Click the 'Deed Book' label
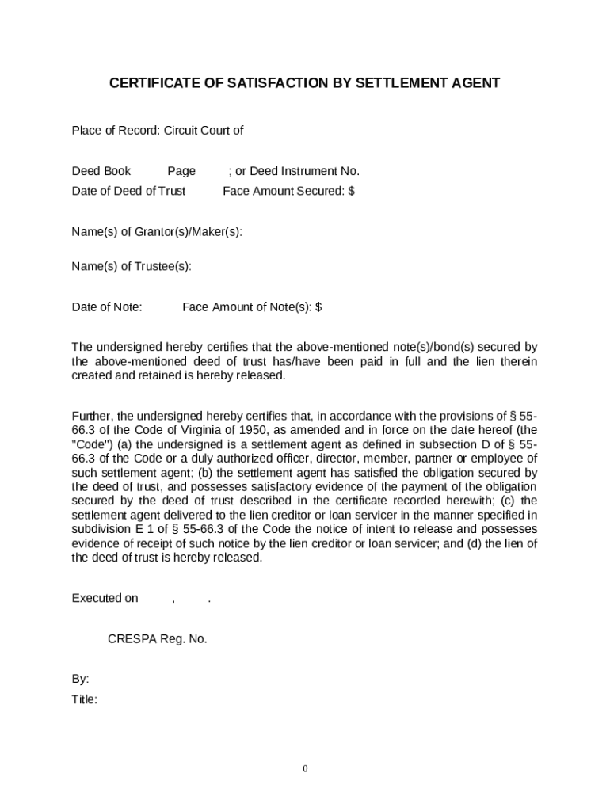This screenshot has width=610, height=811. tap(101, 171)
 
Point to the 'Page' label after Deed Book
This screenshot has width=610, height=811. tap(181, 171)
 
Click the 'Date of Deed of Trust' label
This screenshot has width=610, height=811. tap(129, 191)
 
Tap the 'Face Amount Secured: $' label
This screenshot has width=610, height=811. tap(288, 191)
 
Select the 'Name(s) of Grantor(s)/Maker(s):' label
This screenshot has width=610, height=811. tap(157, 231)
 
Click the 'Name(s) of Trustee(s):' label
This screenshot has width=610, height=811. tap(132, 266)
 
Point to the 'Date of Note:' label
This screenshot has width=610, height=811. tap(107, 307)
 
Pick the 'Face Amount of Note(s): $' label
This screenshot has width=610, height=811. tap(252, 307)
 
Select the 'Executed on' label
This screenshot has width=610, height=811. tap(105, 598)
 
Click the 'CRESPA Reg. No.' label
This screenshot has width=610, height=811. tap(157, 639)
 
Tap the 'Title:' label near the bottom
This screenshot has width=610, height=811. tap(85, 699)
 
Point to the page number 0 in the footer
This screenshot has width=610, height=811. tap(305, 769)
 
